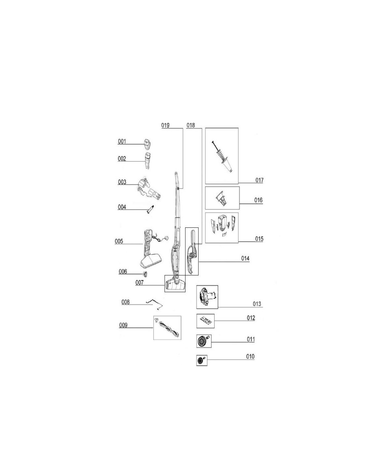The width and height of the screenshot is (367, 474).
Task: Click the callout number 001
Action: pos(122,142)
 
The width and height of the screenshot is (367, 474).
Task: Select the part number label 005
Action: pos(119,241)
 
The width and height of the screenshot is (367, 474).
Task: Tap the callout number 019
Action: pos(165,125)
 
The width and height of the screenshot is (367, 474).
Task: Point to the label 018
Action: pos(191,125)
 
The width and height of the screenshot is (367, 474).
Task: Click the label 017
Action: pos(259,180)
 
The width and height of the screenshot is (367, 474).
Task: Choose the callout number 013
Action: pos(257,304)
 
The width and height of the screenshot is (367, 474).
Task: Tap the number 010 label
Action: pos(250,356)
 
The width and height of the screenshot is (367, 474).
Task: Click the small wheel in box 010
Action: pos(200,360)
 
